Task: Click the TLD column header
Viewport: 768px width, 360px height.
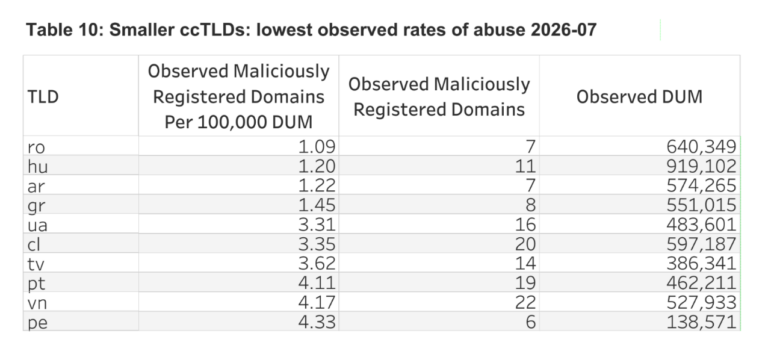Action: (x=43, y=97)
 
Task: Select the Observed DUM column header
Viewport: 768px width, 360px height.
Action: (x=639, y=97)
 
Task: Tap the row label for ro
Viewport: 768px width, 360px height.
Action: (x=36, y=147)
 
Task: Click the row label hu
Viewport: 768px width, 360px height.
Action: (x=38, y=167)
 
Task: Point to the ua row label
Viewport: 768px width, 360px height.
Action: (x=38, y=225)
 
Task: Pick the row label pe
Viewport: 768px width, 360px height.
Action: (x=38, y=323)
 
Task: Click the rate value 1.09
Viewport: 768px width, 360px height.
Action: (x=317, y=146)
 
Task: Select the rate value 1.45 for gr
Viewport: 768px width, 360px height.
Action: (x=317, y=205)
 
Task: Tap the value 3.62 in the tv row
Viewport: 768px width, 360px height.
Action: (x=317, y=264)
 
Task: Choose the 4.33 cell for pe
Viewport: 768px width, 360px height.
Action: (x=317, y=322)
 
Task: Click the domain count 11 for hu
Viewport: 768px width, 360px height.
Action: (x=526, y=166)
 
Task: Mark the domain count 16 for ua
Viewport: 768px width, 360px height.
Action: (x=526, y=224)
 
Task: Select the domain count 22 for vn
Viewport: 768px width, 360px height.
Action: (x=526, y=303)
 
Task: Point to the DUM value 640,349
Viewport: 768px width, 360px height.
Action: (x=701, y=146)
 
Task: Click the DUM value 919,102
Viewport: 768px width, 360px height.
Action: (x=701, y=166)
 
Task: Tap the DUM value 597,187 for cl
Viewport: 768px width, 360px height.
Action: (x=701, y=244)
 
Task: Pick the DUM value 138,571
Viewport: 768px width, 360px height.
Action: (x=701, y=322)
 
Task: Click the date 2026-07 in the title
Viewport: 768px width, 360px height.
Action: (x=563, y=30)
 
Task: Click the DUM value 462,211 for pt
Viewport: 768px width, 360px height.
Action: (x=701, y=283)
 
